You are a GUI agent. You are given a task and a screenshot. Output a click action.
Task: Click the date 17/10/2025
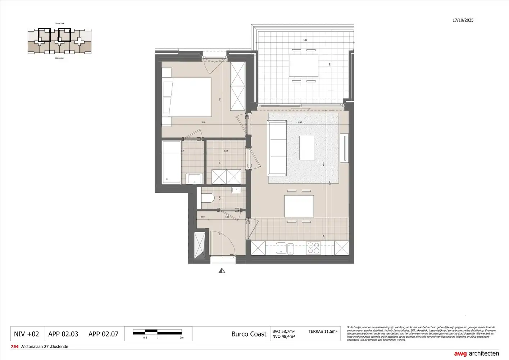[x=463, y=20]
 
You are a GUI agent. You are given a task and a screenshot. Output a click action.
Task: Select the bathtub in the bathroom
[x=171, y=162]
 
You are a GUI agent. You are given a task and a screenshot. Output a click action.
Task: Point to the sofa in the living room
[x=277, y=148]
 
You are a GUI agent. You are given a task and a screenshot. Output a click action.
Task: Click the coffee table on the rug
[x=306, y=148]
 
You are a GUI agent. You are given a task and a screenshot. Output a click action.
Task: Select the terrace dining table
[x=303, y=66]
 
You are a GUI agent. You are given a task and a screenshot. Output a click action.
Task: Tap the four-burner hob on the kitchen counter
[x=313, y=248]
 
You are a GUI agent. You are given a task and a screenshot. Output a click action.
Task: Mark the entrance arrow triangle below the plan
[x=222, y=271]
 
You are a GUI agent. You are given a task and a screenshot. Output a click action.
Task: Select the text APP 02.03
[x=63, y=334]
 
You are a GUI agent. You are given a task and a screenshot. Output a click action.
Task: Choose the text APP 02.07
[x=103, y=334]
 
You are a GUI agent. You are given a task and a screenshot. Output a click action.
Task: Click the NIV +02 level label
[x=26, y=334]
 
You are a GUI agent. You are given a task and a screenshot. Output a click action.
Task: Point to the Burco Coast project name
[x=249, y=334]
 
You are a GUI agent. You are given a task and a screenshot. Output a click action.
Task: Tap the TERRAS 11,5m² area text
[x=323, y=331]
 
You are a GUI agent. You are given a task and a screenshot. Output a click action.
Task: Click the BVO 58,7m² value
[x=283, y=331]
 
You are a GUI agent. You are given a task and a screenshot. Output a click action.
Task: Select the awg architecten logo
[x=476, y=353]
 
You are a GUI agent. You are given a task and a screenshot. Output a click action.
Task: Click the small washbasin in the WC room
[x=236, y=190]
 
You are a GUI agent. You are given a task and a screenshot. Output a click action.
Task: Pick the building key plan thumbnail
[x=59, y=41]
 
